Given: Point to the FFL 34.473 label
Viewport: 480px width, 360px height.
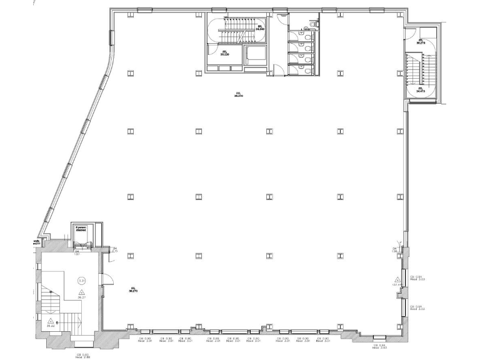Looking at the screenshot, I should [420, 90].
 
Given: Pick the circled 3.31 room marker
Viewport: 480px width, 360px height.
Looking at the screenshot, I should [81, 281].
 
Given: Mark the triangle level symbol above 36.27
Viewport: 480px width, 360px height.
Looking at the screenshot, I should [81, 292].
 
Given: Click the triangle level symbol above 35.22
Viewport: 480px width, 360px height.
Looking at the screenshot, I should [51, 320].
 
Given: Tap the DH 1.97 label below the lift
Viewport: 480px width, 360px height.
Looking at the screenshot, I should [77, 253].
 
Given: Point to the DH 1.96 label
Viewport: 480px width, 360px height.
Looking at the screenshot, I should [395, 249].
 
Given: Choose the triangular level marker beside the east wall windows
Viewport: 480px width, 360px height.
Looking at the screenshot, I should [396, 279].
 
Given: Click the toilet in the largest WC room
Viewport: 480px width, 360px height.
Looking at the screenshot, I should [307, 27].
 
